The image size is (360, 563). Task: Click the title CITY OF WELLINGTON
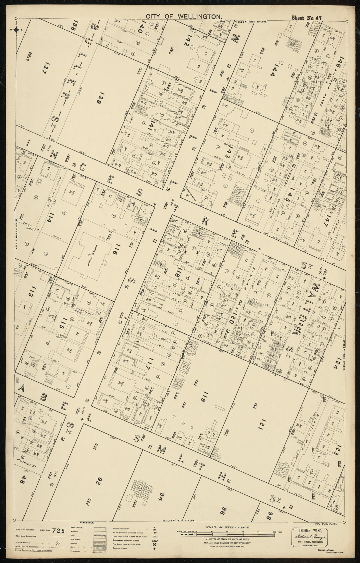[x=184, y=16]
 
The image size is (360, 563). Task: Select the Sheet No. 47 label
[x=306, y=18]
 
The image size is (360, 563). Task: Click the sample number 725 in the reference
[x=58, y=531]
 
